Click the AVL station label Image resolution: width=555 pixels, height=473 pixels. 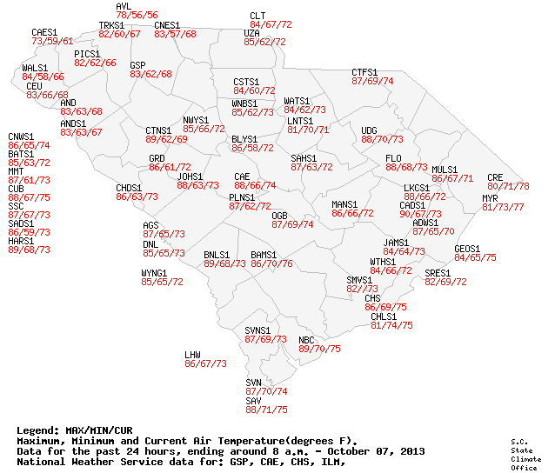coord(124,7)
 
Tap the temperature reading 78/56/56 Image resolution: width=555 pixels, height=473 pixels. coord(137,16)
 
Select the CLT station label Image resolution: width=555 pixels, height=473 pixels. coord(257,16)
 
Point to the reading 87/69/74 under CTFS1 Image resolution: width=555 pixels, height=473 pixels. coord(372,81)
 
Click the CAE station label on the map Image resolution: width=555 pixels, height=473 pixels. coord(242,177)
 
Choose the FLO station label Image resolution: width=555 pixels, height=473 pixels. coord(393,158)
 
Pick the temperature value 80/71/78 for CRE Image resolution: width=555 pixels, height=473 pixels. coord(508,186)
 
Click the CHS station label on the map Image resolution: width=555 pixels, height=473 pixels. coord(372,298)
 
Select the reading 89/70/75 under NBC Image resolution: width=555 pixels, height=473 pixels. coord(319,349)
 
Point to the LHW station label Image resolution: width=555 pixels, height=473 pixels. coord(192,355)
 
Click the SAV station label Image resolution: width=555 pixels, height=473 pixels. coord(253,400)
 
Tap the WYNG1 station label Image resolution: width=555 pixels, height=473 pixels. coord(154,273)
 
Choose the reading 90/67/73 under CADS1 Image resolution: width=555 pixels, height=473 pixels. coord(420,214)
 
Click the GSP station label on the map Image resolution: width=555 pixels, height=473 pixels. coord(137,65)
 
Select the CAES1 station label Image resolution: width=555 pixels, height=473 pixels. coord(44,32)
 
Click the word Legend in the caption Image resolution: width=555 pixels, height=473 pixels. coord(37,430)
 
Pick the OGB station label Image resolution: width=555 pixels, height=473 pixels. coord(279,215)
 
